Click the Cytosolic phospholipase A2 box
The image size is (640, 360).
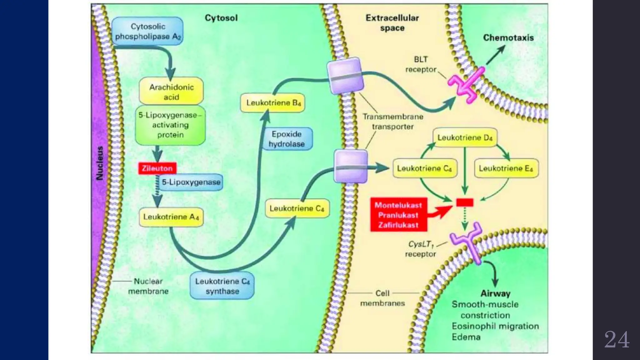pyautogui.click(x=147, y=31)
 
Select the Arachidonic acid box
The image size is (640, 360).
pyautogui.click(x=171, y=92)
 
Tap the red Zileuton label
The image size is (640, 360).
pyautogui.click(x=157, y=168)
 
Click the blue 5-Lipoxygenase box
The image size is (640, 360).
pyautogui.click(x=191, y=182)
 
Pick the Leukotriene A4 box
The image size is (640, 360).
pyautogui.click(x=171, y=217)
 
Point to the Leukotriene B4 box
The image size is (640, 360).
pyautogui.click(x=273, y=103)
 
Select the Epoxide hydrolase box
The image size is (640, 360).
pyautogui.click(x=287, y=139)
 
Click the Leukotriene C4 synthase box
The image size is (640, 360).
pyautogui.click(x=222, y=286)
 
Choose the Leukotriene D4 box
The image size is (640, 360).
pyautogui.click(x=465, y=137)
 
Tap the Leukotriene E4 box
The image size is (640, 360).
pyautogui.click(x=506, y=168)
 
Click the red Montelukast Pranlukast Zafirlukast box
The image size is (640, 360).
pyautogui.click(x=398, y=215)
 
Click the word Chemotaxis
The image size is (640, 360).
pyautogui.click(x=508, y=38)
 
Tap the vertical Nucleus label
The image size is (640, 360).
pyautogui.click(x=100, y=163)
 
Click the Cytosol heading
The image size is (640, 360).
pyautogui.click(x=221, y=18)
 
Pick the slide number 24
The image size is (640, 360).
pyautogui.click(x=616, y=340)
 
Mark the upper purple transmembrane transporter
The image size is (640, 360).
pyautogui.click(x=345, y=75)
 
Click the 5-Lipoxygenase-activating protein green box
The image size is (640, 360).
pyautogui.click(x=170, y=125)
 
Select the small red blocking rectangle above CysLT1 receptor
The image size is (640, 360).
pyautogui.click(x=465, y=202)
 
